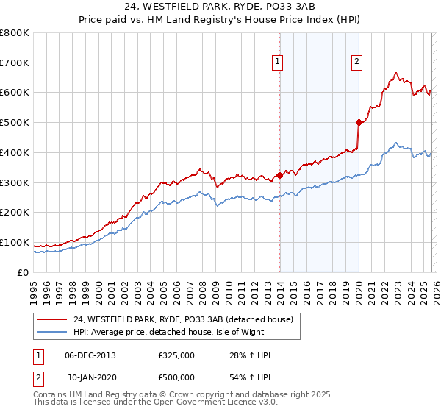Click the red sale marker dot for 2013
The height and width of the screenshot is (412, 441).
click(x=279, y=175)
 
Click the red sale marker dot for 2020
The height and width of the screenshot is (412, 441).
click(x=359, y=122)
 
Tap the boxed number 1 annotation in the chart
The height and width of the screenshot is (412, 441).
click(x=278, y=63)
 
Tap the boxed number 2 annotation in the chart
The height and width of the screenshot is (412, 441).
click(x=356, y=63)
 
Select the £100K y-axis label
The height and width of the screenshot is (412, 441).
click(x=15, y=243)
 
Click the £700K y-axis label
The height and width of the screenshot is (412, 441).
click(x=15, y=63)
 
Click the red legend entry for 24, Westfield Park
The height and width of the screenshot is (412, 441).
click(x=183, y=319)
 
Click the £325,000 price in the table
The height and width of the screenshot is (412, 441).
click(x=177, y=355)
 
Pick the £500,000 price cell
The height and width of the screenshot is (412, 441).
click(x=177, y=377)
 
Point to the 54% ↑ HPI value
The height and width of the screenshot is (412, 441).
click(x=251, y=377)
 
